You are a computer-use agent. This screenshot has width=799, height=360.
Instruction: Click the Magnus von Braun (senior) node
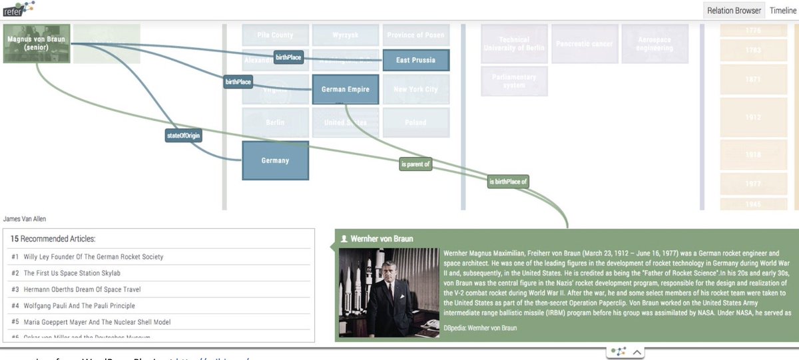pyautogui.click(x=37, y=43)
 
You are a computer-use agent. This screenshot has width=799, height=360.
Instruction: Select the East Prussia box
pyautogui.click(x=415, y=60)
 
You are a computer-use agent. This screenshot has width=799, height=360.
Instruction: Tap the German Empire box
pyautogui.click(x=346, y=89)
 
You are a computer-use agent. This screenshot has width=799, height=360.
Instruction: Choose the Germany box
pyautogui.click(x=275, y=160)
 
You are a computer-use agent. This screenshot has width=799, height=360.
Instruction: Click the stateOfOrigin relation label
pyautogui.click(x=183, y=136)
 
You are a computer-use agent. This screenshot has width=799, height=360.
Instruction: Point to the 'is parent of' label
pyautogui.click(x=415, y=164)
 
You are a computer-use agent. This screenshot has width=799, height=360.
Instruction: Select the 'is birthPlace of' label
pyautogui.click(x=508, y=181)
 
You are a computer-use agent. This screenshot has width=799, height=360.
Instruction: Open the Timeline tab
pyautogui.click(x=783, y=11)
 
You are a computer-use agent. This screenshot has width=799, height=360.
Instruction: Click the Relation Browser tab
pyautogui.click(x=734, y=11)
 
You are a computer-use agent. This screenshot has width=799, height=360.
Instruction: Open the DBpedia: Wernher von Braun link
pyautogui.click(x=479, y=328)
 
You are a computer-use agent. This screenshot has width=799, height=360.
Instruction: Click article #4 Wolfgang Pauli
pyautogui.click(x=79, y=306)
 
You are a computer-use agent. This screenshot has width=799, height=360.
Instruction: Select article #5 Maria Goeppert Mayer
pyautogui.click(x=97, y=322)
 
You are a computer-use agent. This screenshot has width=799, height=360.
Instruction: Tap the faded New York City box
pyautogui.click(x=415, y=89)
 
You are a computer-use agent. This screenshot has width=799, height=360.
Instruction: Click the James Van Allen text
pyautogui.click(x=25, y=219)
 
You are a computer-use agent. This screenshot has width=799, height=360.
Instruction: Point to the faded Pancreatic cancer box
pyautogui.click(x=584, y=44)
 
